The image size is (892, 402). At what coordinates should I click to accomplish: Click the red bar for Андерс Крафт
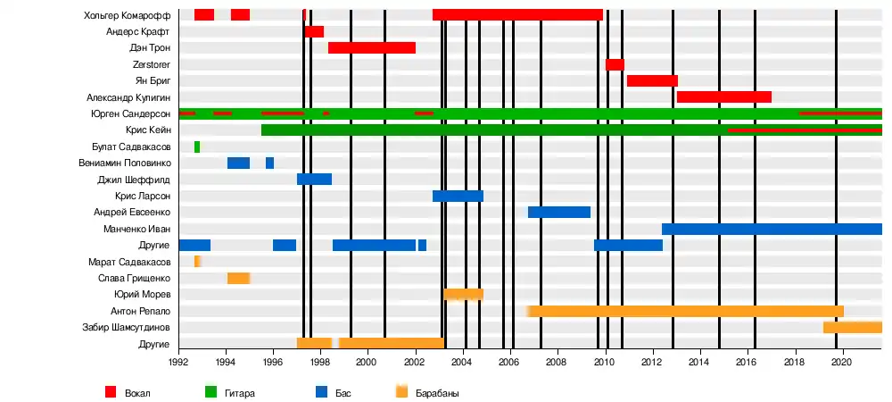point(314,31)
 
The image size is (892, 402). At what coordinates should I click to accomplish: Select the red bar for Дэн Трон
point(372,48)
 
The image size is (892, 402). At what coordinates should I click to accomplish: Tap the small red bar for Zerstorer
point(615,64)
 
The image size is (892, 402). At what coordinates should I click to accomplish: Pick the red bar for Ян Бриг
point(652,81)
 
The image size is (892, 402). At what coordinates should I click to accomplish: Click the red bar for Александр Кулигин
point(724,97)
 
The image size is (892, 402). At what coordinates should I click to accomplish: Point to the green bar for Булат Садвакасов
point(197,147)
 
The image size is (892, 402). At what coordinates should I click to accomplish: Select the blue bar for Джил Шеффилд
point(314,180)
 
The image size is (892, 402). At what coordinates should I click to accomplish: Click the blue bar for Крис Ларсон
point(458,196)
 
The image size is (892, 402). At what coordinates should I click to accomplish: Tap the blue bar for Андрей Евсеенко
point(559,213)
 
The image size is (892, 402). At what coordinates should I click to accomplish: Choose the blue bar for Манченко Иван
point(772,229)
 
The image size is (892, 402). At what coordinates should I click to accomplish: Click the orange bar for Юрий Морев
point(464,294)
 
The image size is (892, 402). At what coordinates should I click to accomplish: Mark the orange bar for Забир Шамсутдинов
point(853,328)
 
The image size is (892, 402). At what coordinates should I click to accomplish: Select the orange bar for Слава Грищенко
point(238,278)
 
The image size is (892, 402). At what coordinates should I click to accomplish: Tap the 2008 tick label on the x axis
point(557,362)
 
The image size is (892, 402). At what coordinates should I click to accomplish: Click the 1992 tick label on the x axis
point(178,362)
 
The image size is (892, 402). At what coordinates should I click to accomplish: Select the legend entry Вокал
point(136,392)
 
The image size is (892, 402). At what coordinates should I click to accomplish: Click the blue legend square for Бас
point(322,391)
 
